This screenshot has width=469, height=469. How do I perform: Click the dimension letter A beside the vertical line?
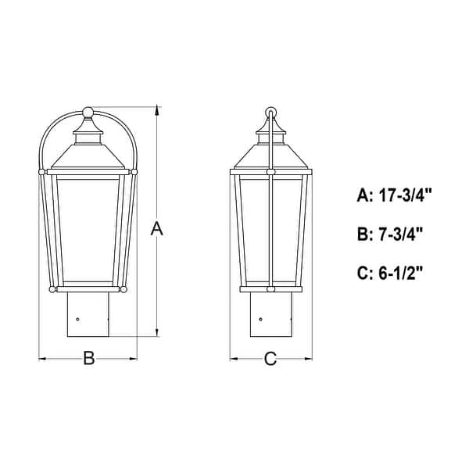pos(157,229)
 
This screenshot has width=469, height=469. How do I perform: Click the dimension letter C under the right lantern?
pos(270,359)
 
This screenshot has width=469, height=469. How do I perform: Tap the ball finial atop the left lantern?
pos(88,112)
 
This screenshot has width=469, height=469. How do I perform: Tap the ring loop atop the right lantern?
pos(270,111)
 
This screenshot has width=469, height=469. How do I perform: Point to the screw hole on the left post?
pos(79,318)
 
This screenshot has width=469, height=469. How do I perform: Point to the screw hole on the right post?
pos(260,318)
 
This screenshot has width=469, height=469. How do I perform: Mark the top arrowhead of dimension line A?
pos(157,110)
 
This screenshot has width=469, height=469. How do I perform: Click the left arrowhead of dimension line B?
pos(43,359)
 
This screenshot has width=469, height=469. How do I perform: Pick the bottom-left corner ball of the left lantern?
pos(53,289)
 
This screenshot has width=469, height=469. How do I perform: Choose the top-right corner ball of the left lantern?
pos(134,169)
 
